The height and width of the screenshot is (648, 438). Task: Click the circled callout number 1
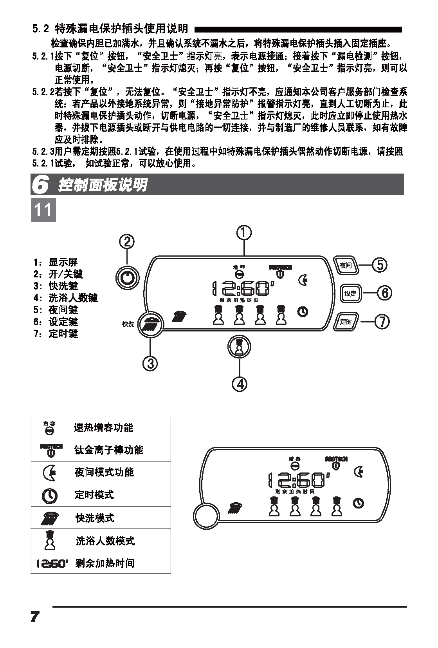(x=243, y=232)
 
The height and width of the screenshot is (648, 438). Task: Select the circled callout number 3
(x=150, y=363)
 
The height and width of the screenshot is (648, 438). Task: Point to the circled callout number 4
(x=240, y=384)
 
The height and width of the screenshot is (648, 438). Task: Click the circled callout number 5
(x=379, y=265)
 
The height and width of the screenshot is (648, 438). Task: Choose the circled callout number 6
(x=384, y=293)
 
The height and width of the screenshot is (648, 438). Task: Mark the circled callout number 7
(x=382, y=322)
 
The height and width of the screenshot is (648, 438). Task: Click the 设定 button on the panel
(x=350, y=293)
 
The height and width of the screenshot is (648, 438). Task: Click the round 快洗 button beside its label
(x=151, y=324)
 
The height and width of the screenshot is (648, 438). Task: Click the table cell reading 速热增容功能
(x=121, y=428)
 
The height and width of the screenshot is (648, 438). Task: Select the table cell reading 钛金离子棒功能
(x=121, y=450)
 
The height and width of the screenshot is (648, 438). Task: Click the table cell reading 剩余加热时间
(x=121, y=563)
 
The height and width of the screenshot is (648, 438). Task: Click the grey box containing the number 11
(x=43, y=210)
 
